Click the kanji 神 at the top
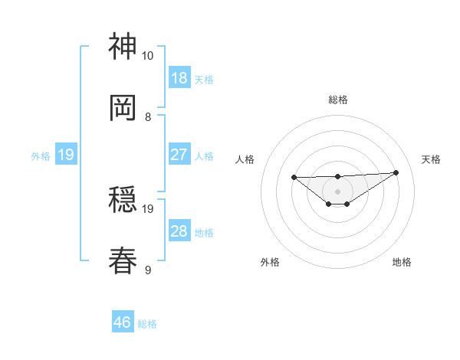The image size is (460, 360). pyautogui.click(x=123, y=47)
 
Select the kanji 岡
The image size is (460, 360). pyautogui.click(x=123, y=108)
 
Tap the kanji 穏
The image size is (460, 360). pyautogui.click(x=123, y=201)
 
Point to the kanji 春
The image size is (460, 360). pyautogui.click(x=123, y=261)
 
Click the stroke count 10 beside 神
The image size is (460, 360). pyautogui.click(x=148, y=56)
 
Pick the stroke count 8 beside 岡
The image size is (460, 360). pyautogui.click(x=148, y=117)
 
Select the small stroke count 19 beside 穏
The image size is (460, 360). pyautogui.click(x=148, y=208)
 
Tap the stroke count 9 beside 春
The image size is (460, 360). pyautogui.click(x=148, y=270)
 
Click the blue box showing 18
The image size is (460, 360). pyautogui.click(x=179, y=77)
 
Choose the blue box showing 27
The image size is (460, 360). pyautogui.click(x=179, y=155)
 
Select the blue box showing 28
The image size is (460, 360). pyautogui.click(x=179, y=231)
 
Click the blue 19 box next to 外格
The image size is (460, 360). pyautogui.click(x=66, y=155)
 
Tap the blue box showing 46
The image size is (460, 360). pyautogui.click(x=123, y=322)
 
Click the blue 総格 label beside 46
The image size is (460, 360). pyautogui.click(x=147, y=324)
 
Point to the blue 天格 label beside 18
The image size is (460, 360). pyautogui.click(x=204, y=79)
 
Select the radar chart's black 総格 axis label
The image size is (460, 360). pyautogui.click(x=338, y=100)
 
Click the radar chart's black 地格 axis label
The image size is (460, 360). pyautogui.click(x=402, y=262)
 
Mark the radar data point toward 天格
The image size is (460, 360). pyautogui.click(x=396, y=172)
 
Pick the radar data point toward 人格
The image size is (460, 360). pyautogui.click(x=294, y=177)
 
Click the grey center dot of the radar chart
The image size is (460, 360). pyautogui.click(x=337, y=189)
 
